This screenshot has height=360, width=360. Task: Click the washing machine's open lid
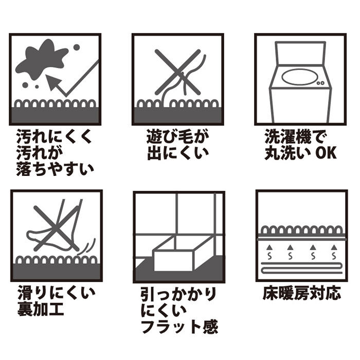click(x=300, y=52)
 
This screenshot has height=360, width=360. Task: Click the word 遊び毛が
click(x=177, y=137)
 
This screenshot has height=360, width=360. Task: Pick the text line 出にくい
click(x=177, y=153)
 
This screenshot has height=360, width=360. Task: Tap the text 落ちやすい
click(x=55, y=168)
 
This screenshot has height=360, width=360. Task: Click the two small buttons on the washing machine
click(x=321, y=83)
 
